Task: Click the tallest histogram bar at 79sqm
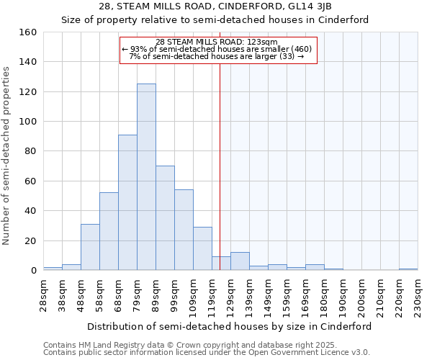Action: pyautogui.click(x=146, y=177)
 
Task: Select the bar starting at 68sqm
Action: pyautogui.click(x=127, y=202)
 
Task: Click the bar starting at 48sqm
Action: pyautogui.click(x=90, y=247)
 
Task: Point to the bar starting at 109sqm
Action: pyautogui.click(x=202, y=248)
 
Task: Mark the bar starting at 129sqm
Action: pyautogui.click(x=240, y=261)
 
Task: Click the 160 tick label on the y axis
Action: pyautogui.click(x=27, y=32)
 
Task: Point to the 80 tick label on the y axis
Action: pyautogui.click(x=30, y=151)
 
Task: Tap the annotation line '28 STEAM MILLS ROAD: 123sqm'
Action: pyautogui.click(x=217, y=42)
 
